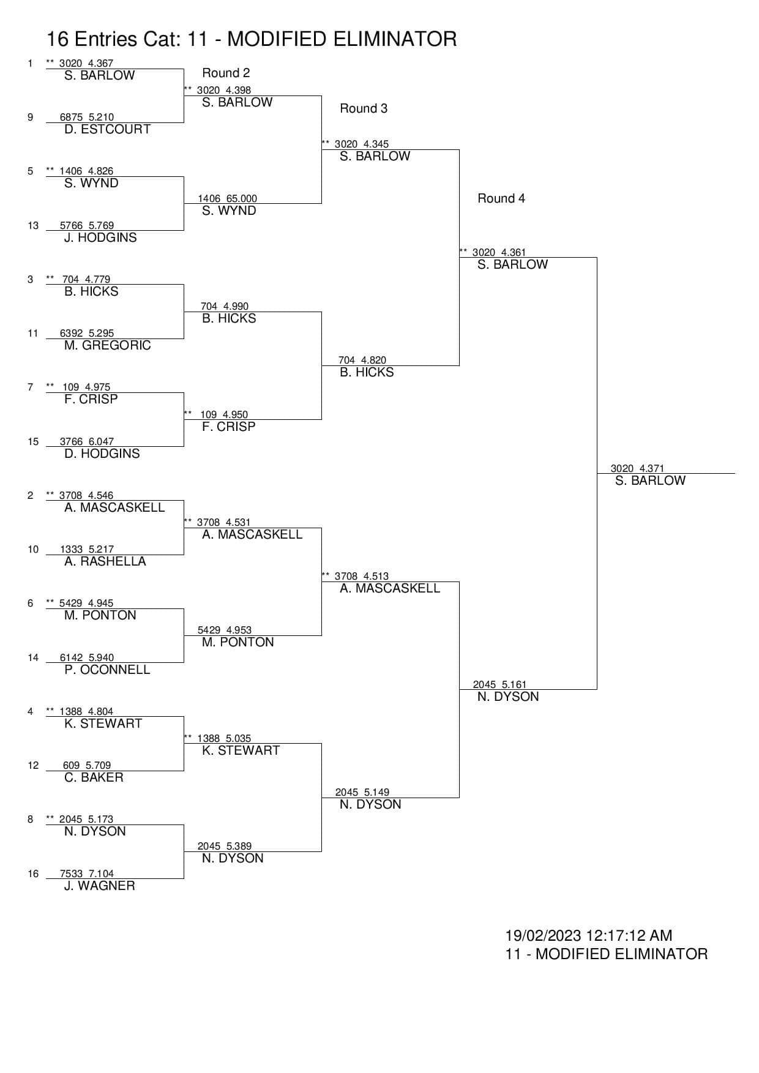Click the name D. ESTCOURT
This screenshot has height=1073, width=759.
[x=107, y=129]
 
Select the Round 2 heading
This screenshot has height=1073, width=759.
[x=226, y=73]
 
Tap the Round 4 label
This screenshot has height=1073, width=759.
[x=501, y=198]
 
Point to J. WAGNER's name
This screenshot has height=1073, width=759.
[x=99, y=886]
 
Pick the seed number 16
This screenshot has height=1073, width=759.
[x=33, y=873]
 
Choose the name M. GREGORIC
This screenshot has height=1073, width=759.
[x=107, y=345]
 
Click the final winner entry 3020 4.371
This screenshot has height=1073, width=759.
[x=637, y=468]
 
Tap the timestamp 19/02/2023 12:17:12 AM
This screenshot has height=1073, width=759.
[x=588, y=935]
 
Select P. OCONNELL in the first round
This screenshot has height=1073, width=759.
[x=107, y=670]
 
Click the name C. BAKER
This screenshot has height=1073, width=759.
[x=94, y=777]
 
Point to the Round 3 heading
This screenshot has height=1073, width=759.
[x=364, y=108]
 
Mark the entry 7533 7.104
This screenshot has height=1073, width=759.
[x=86, y=873]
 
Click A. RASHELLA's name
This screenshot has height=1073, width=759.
[x=105, y=561]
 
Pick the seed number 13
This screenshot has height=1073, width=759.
[x=33, y=225]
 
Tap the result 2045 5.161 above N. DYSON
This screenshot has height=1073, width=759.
[x=499, y=684]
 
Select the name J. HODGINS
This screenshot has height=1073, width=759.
[x=100, y=237]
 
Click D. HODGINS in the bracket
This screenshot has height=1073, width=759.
[x=102, y=454]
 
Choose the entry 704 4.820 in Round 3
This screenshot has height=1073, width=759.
[x=362, y=360]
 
